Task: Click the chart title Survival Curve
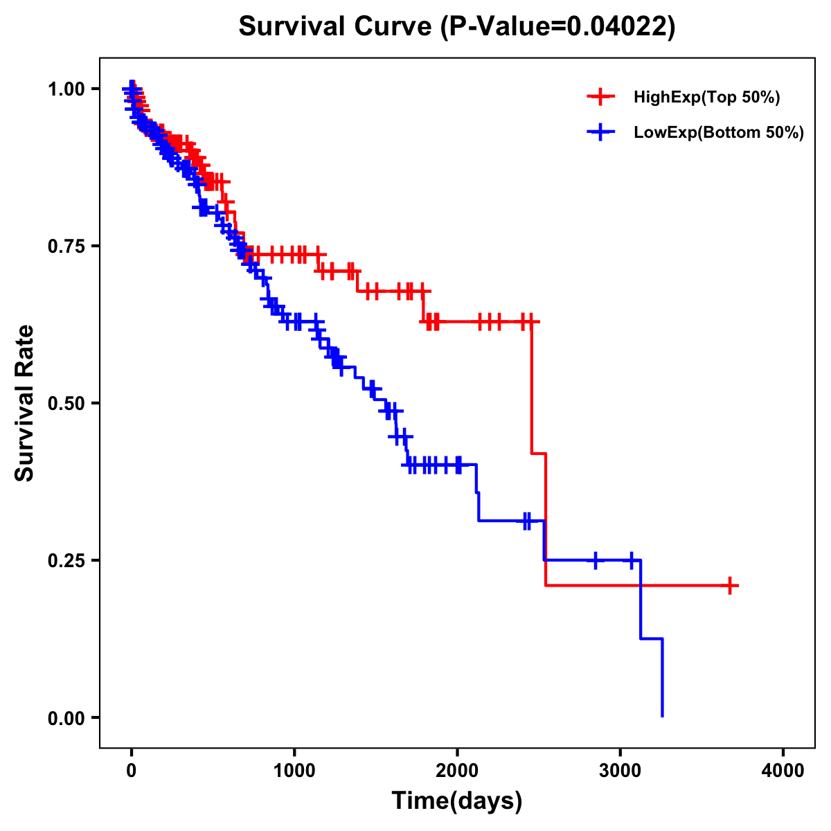(456, 26)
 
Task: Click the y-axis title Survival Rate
(25, 403)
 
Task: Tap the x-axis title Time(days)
(456, 801)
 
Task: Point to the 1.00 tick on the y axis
(65, 89)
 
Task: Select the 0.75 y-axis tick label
(65, 247)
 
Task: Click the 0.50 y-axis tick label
(65, 404)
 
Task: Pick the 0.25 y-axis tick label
(65, 561)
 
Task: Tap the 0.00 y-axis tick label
(65, 718)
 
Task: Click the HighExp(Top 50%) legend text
(707, 98)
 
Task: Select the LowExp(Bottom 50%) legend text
(719, 133)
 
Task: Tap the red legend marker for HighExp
(600, 98)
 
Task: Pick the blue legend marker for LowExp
(600, 133)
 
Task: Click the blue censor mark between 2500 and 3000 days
(596, 560)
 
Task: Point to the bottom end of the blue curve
(663, 716)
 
